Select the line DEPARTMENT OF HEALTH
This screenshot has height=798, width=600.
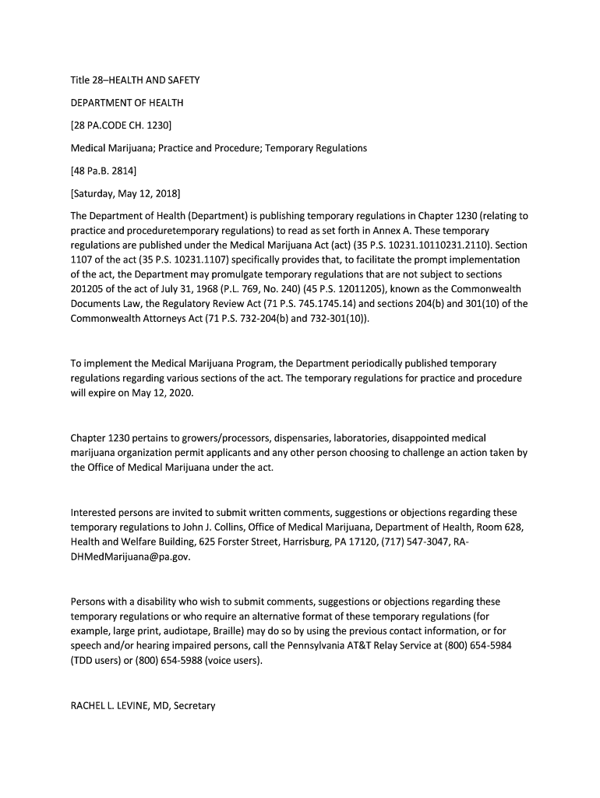pyautogui.click(x=127, y=103)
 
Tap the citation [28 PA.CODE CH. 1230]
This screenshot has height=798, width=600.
pyautogui.click(x=121, y=125)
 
